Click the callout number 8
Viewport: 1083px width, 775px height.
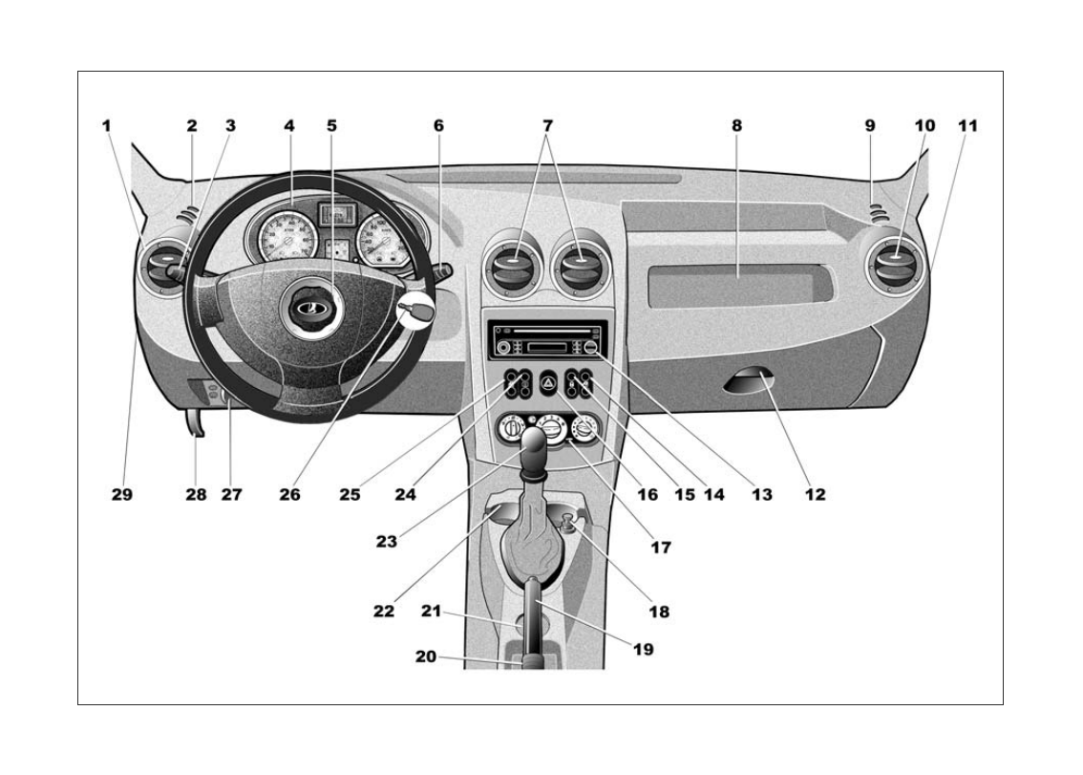pos(736,125)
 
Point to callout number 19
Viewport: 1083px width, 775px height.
pos(643,649)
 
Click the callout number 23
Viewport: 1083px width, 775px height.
pos(387,541)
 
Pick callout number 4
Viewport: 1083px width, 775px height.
pos(289,125)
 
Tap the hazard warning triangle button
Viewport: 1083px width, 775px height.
pos(549,382)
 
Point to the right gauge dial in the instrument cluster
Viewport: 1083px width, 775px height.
pos(385,241)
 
